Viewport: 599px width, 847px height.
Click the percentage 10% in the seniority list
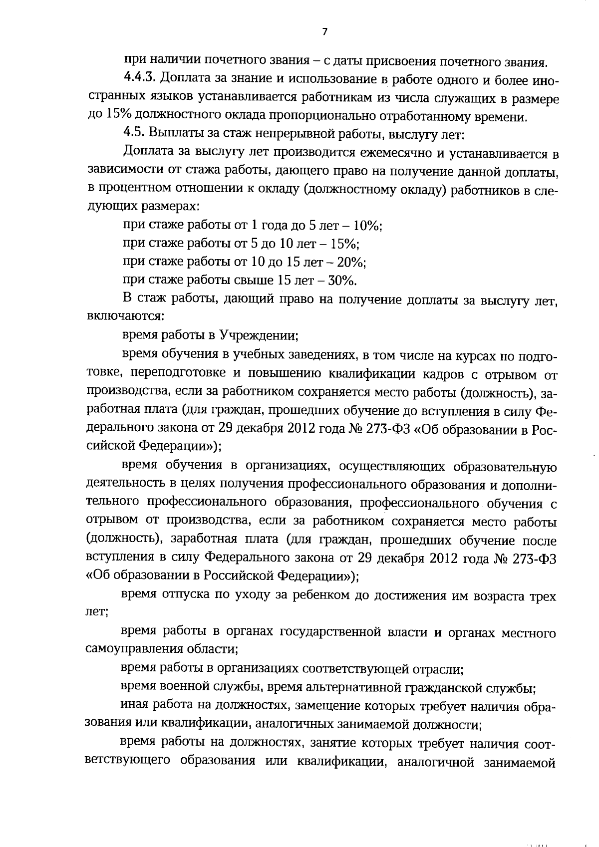point(367,225)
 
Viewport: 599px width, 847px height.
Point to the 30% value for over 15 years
point(342,280)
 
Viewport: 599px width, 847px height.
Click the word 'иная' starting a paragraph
point(134,706)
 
